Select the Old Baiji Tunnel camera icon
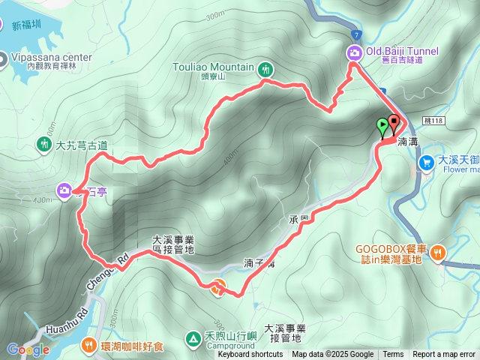(x=354, y=52)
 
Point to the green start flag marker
(x=384, y=127)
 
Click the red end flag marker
(x=394, y=124)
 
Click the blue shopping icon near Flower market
(x=426, y=161)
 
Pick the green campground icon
(x=193, y=340)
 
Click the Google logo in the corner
(x=28, y=349)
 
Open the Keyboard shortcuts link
(x=250, y=355)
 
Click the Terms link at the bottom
(x=393, y=355)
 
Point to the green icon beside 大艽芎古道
(x=44, y=144)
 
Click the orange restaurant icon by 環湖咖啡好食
(x=89, y=345)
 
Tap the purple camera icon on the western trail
(x=64, y=190)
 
